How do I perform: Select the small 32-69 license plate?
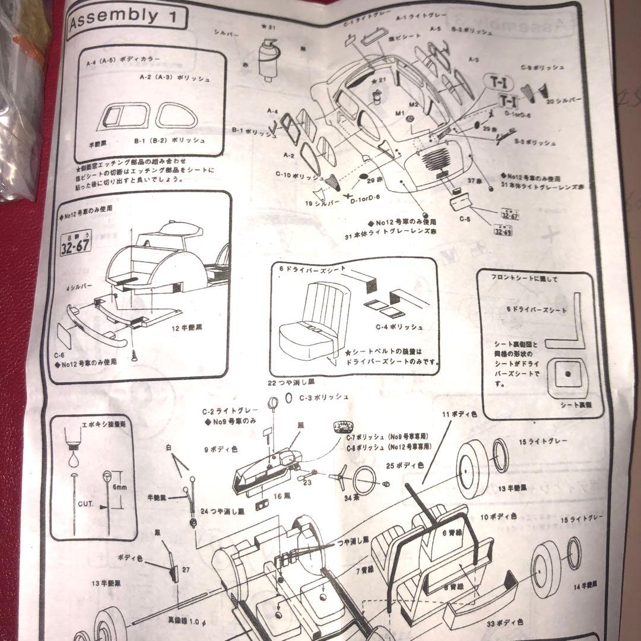tap(502, 231)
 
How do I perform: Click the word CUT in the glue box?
tap(84, 504)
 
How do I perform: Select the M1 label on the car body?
tap(399, 113)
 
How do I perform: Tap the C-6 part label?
tap(59, 355)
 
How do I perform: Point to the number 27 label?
tap(185, 569)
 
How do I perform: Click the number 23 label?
tap(306, 483)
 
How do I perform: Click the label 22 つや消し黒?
tap(291, 382)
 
